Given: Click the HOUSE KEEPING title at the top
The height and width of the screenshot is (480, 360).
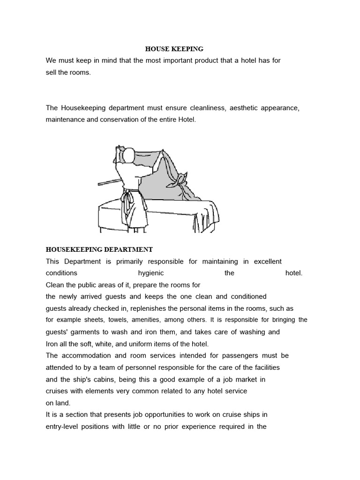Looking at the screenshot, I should [174, 49].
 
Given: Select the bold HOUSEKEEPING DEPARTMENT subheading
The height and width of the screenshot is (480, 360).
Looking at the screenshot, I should [99, 249].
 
